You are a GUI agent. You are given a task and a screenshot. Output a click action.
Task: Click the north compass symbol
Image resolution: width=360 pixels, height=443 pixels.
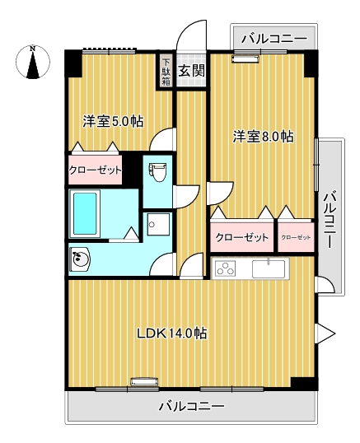33,62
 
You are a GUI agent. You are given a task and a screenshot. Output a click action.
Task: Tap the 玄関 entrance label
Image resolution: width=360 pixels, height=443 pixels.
191,71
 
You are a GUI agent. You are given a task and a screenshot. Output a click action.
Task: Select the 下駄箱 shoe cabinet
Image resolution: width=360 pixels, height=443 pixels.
166,71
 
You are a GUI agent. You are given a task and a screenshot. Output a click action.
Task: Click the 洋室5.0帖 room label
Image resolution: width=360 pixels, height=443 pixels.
113,121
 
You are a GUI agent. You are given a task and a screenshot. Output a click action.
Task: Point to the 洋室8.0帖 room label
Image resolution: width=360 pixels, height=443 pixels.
263,137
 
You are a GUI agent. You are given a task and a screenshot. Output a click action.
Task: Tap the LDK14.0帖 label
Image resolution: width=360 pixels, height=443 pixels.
172,333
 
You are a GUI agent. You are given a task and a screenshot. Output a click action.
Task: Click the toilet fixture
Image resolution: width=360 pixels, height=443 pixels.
157,172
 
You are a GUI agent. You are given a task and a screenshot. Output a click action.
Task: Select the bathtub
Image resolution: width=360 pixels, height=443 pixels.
85,213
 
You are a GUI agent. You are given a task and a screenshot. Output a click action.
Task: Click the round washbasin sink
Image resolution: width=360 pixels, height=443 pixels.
80,259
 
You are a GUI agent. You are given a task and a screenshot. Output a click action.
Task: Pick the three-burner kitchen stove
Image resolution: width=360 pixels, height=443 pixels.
226,268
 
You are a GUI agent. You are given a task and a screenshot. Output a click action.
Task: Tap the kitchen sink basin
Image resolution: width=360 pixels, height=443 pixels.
269,268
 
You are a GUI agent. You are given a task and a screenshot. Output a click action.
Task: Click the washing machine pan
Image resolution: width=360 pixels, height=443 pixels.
158,224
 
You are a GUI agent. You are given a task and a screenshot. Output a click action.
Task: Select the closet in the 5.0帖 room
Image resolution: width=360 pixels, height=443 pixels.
96,170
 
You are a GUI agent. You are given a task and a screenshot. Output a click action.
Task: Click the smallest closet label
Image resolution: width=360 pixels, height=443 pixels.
296,237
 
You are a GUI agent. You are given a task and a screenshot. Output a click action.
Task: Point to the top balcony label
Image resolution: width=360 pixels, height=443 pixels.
274,39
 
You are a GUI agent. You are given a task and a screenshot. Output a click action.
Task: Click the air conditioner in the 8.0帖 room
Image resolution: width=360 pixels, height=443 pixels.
245,59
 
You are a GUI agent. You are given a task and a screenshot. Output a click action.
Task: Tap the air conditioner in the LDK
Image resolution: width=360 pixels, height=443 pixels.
144,382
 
